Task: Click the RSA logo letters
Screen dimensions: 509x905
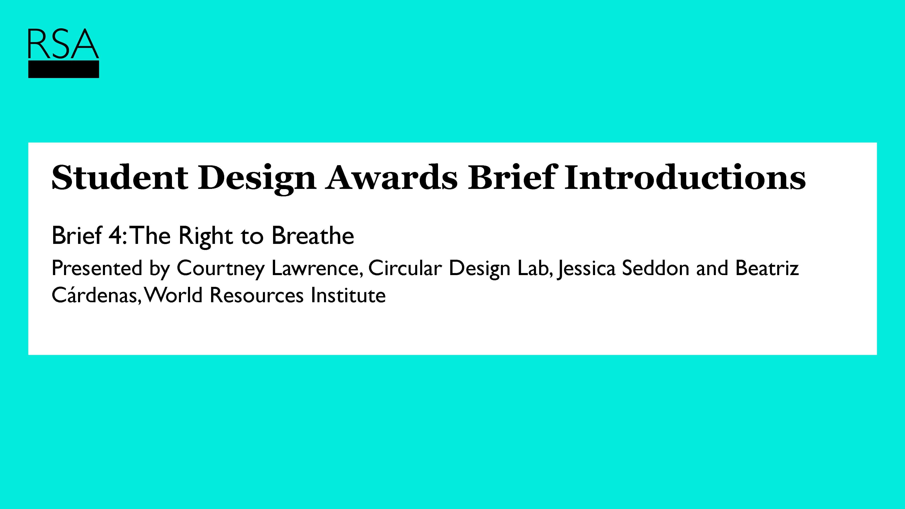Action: click(63, 44)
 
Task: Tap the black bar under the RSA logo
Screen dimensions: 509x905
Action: click(64, 69)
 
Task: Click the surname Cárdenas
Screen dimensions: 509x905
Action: click(95, 295)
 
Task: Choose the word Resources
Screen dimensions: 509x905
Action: click(257, 295)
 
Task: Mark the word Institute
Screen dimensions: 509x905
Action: click(348, 295)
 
